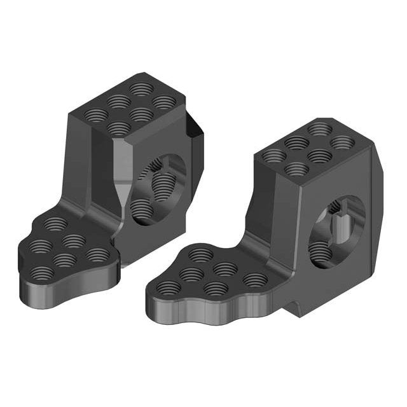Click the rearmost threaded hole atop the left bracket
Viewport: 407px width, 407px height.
[141, 88]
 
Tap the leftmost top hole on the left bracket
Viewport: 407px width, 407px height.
[97, 115]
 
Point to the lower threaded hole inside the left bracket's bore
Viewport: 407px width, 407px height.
[141, 209]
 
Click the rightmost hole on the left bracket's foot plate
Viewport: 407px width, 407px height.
[97, 255]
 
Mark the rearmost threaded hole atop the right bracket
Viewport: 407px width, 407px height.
[318, 128]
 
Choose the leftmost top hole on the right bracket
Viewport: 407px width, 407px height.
[274, 155]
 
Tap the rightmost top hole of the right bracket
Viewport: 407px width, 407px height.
[341, 142]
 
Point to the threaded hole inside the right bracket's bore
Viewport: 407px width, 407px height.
[321, 253]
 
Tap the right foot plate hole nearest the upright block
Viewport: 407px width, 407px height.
[202, 255]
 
